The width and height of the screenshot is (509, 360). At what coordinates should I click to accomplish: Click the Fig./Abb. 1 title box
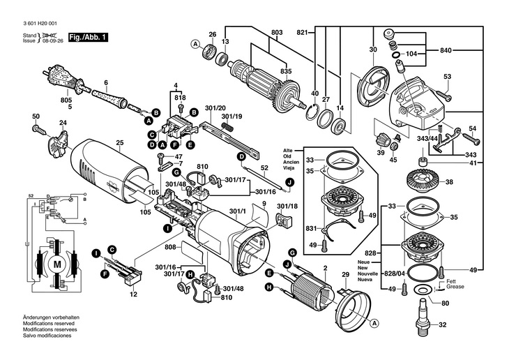[x=89, y=36]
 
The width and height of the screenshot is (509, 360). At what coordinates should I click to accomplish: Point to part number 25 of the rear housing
[x=119, y=144]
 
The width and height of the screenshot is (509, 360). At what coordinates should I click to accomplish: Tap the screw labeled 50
[x=39, y=128]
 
